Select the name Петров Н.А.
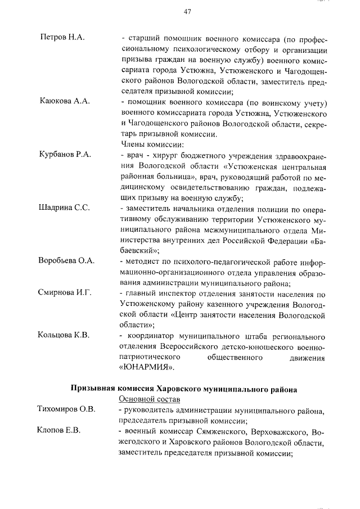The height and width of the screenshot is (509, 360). click(x=62, y=37)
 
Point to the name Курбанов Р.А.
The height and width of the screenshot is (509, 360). click(x=65, y=154)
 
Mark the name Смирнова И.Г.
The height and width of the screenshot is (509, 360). click(x=65, y=293)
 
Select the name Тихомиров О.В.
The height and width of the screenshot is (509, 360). click(x=66, y=408)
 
